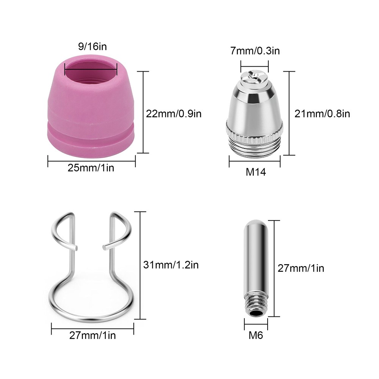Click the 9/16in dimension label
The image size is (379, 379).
coord(92,46)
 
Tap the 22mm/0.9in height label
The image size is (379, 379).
coord(174,114)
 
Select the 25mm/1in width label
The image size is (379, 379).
coord(91,168)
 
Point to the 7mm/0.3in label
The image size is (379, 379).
coord(255,51)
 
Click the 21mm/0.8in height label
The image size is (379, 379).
coord(322,114)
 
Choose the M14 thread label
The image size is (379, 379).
coord(256,172)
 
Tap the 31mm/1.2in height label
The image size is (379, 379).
coord(171,265)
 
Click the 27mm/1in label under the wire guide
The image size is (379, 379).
coord(92,335)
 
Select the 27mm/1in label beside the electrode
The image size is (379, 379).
coord(301,268)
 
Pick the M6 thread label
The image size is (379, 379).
coord(256,335)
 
